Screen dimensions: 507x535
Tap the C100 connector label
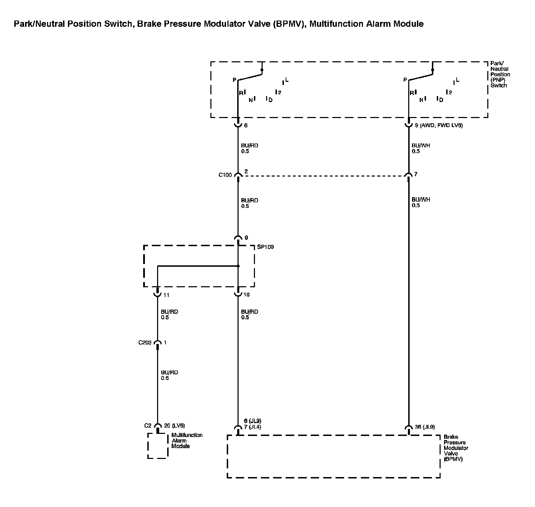pyautogui.click(x=225, y=175)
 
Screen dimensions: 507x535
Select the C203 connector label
pyautogui.click(x=145, y=343)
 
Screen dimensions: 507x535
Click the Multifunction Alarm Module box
pyautogui.click(x=158, y=446)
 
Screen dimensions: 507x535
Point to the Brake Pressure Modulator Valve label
pyautogui.click(x=456, y=448)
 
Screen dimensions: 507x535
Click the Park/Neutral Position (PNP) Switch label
pyautogui.click(x=500, y=74)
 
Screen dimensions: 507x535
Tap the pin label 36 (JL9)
pyautogui.click(x=425, y=427)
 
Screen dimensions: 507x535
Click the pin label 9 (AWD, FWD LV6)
pyautogui.click(x=439, y=125)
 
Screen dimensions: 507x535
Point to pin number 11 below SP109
pyautogui.click(x=166, y=295)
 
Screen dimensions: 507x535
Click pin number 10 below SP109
pyautogui.click(x=246, y=295)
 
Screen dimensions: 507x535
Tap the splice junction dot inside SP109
pyautogui.click(x=238, y=266)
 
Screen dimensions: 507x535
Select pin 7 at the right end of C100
pyautogui.click(x=416, y=174)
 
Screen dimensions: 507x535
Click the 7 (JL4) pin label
pyautogui.click(x=252, y=427)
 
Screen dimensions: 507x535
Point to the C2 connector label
pyautogui.click(x=148, y=426)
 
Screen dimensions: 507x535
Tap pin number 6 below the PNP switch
pyautogui.click(x=246, y=125)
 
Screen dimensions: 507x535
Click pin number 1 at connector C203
pyautogui.click(x=165, y=343)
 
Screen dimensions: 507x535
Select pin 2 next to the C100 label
pyautogui.click(x=246, y=172)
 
